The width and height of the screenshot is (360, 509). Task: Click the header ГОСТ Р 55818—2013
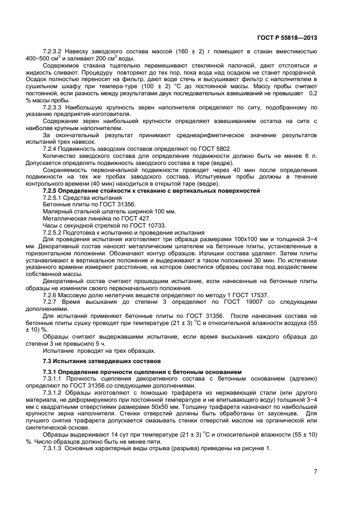(287, 38)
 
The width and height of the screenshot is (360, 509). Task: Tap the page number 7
(315, 471)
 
